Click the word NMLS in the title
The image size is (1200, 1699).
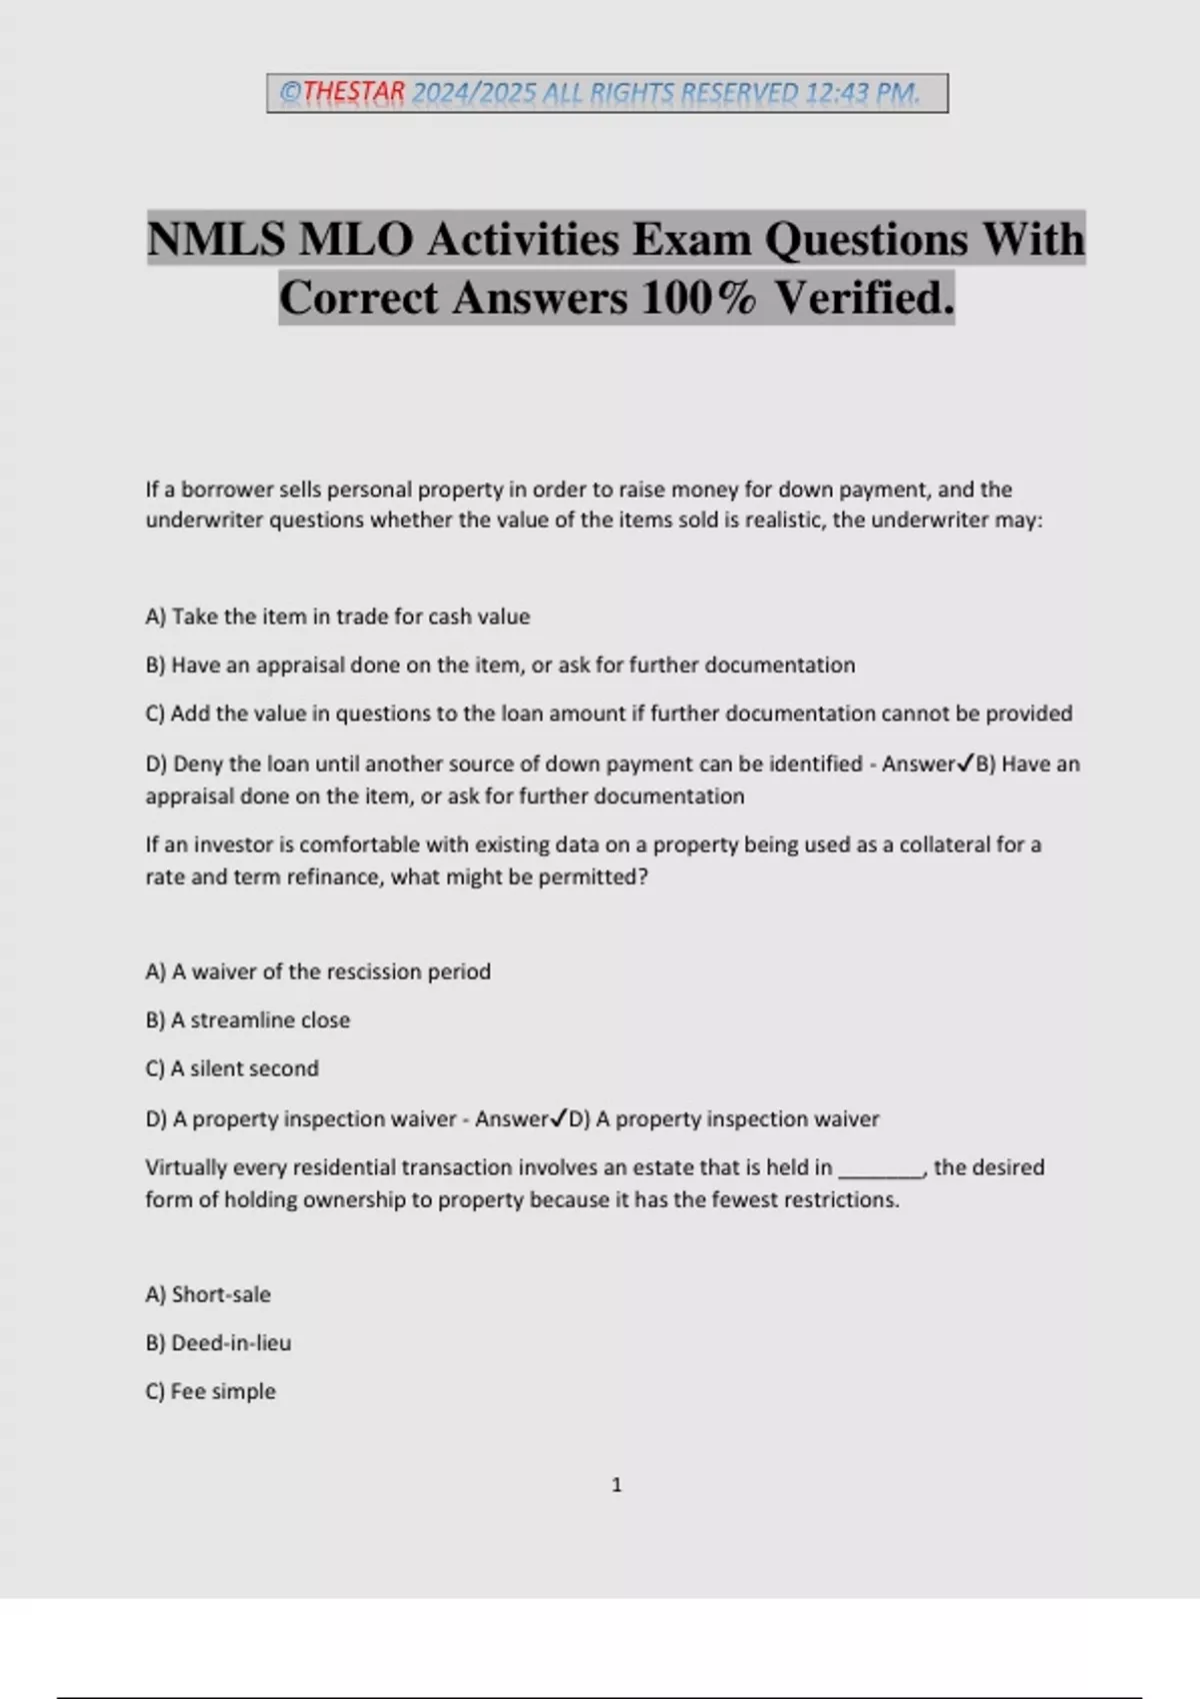pos(215,239)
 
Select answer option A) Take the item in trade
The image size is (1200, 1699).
pos(337,617)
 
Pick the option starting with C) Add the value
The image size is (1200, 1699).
pos(608,714)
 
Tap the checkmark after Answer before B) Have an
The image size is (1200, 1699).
pos(966,764)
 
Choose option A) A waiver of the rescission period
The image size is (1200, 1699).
pos(318,971)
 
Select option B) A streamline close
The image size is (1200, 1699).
pos(248,1020)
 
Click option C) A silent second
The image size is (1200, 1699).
pos(232,1068)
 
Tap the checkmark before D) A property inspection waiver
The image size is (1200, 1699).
pos(559,1118)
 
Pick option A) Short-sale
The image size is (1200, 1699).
pos(208,1294)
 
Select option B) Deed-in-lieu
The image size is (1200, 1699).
pos(218,1343)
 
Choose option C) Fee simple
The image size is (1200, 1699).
pos(210,1391)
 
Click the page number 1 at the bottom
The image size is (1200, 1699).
pos(616,1485)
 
